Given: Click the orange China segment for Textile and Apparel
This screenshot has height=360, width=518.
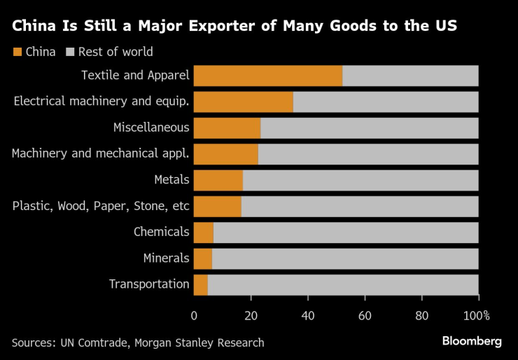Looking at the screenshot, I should pyautogui.click(x=268, y=76).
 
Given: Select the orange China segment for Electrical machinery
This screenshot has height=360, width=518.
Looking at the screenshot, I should pyautogui.click(x=244, y=102).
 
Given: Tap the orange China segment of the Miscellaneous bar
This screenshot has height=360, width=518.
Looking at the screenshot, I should pyautogui.click(x=227, y=127).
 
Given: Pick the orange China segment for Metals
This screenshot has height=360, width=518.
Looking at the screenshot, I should pyautogui.click(x=218, y=180).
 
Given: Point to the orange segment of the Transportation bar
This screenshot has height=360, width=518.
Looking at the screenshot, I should pyautogui.click(x=201, y=284).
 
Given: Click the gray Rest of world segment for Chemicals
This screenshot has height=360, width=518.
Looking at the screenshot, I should pyautogui.click(x=346, y=232).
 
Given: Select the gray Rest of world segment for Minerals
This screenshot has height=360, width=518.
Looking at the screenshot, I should pyautogui.click(x=345, y=258).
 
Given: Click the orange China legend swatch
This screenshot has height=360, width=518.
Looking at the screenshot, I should pyautogui.click(x=17, y=52).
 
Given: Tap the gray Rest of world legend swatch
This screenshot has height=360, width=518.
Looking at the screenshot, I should pyautogui.click(x=70, y=52).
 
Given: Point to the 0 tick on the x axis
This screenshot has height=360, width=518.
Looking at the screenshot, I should pyautogui.click(x=194, y=315).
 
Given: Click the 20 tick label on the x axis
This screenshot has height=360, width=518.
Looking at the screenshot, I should pyautogui.click(x=251, y=315).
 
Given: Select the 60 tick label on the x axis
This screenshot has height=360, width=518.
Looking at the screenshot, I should pyautogui.click(x=365, y=315).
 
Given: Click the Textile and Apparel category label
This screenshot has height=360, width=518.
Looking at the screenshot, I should pyautogui.click(x=135, y=75).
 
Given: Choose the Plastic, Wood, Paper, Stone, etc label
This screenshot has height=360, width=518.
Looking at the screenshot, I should pyautogui.click(x=101, y=206).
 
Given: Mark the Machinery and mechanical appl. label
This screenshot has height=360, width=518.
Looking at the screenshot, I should pyautogui.click(x=100, y=153).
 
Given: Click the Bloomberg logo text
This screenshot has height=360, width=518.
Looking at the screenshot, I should pyautogui.click(x=472, y=341).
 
